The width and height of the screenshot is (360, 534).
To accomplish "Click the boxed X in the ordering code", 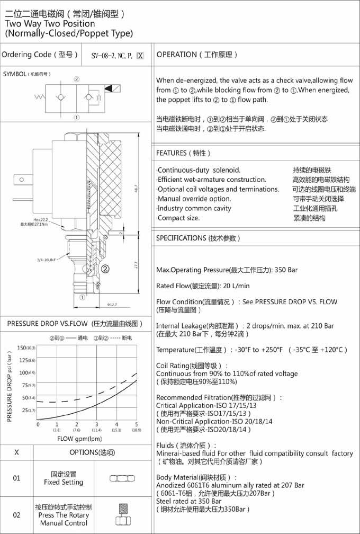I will click(140, 55).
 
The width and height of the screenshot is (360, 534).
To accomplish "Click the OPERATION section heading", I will click(196, 55).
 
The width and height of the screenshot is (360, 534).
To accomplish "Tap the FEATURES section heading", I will click(183, 153).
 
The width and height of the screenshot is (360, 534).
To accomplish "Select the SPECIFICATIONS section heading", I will click(196, 238).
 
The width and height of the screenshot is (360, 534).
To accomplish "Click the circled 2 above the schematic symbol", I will click(77, 79).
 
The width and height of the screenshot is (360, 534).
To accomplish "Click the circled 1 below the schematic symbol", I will click(77, 117).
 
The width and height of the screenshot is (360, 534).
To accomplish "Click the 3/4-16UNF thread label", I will click(47, 260).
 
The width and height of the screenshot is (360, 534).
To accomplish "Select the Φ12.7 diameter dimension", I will click(112, 305).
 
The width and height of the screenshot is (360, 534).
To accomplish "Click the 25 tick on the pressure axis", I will click(28, 411).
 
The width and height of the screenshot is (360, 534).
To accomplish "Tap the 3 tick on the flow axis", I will click(96, 425).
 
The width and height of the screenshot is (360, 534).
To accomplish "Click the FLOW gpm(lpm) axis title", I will click(79, 438).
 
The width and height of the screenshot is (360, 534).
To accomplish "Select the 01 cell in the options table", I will click(16, 478).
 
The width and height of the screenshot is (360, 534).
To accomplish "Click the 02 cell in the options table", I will click(16, 515).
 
